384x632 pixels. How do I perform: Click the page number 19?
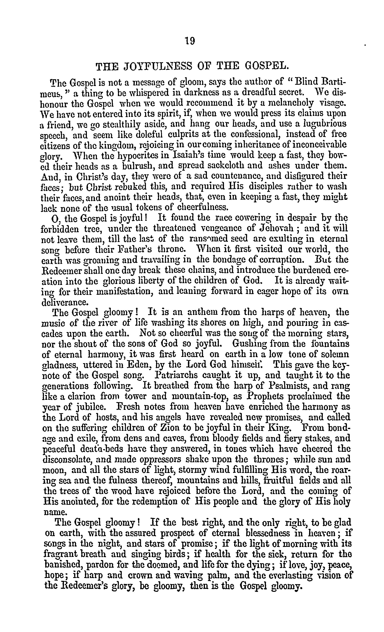tap(190, 41)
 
